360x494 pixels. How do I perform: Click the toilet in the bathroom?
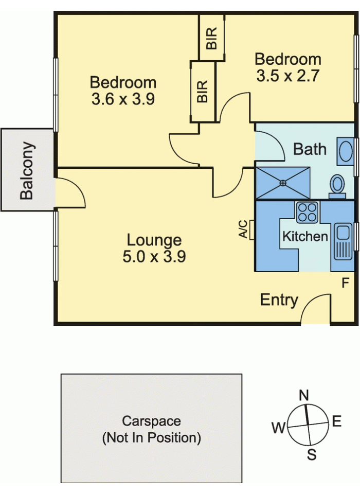337,186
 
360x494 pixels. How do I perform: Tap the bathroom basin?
345,151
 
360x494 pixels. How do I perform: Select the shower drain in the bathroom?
283,183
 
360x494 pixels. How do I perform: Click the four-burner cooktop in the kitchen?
308,213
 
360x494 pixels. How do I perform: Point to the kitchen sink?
343,241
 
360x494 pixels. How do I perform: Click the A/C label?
243,229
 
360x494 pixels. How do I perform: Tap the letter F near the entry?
346,283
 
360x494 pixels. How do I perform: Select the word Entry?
279,300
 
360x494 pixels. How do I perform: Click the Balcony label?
26,171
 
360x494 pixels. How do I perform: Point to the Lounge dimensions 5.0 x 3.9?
154,256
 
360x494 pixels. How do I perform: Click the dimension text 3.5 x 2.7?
288,76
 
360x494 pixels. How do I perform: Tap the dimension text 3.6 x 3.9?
123,99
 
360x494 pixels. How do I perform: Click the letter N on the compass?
303,395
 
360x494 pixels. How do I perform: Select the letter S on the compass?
312,455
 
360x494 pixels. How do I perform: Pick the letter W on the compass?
279,428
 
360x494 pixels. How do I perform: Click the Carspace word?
152,421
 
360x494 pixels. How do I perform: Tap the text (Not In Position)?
152,438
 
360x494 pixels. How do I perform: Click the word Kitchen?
305,236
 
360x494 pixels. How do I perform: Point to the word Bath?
310,149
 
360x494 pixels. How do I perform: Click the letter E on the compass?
337,421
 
